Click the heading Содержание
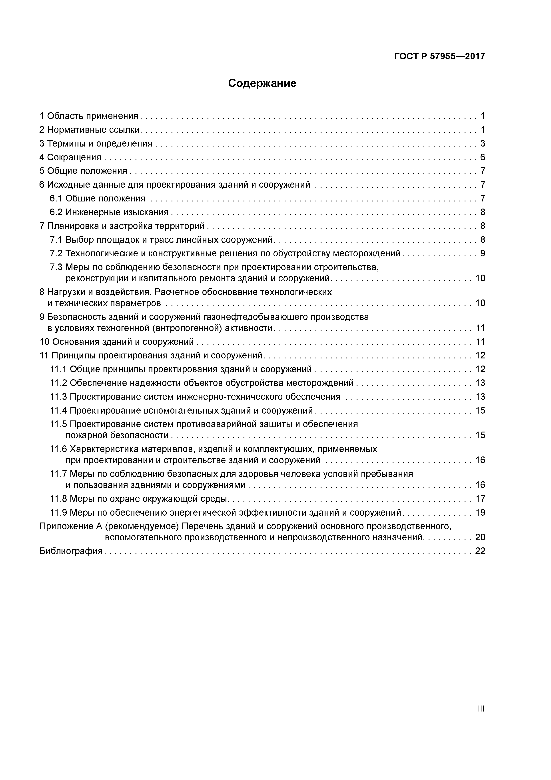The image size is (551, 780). coord(262,83)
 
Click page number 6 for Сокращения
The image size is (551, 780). coord(482,157)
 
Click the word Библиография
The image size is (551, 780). coord(71,551)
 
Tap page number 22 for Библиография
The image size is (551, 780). coord(480,551)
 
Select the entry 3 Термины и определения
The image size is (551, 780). coord(96,143)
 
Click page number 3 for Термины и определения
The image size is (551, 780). coord(482,143)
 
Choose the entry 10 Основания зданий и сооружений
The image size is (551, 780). coord(116,342)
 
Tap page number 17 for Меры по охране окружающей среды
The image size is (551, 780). coord(480,499)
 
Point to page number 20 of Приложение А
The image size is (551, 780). coord(480,537)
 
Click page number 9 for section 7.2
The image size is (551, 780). coord(482,253)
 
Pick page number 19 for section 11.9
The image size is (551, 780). coord(480,512)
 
